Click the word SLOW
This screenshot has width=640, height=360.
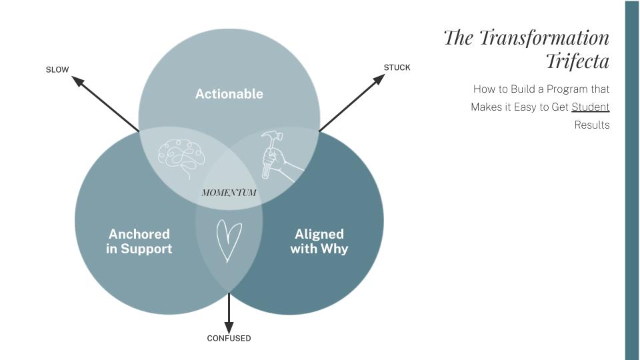coord(57,70)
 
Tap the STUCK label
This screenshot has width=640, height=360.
coord(397,67)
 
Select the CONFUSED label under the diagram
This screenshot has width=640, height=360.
coord(229,339)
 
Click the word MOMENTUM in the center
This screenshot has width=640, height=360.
coord(229,193)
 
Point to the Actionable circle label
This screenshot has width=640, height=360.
coord(229,94)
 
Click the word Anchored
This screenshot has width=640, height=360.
coord(139,234)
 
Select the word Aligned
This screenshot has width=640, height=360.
coord(319,234)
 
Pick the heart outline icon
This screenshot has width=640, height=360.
coord(228,240)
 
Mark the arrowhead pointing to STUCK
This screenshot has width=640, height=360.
coord(379,79)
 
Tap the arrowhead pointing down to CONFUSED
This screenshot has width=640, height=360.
coord(229,327)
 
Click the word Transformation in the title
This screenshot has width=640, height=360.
coord(544,37)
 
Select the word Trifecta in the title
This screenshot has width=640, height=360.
coord(577,61)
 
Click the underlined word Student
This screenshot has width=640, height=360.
coord(590,107)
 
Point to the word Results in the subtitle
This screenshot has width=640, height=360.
coord(591,125)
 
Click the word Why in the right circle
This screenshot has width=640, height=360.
coord(334,249)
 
